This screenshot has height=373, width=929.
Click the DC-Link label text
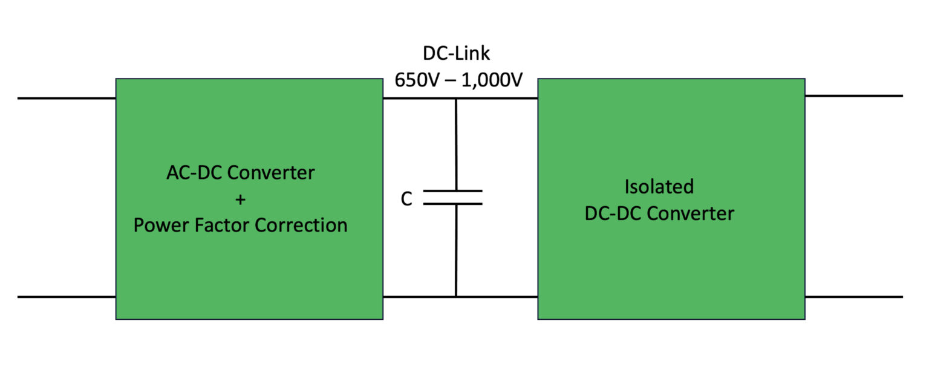pos(456,53)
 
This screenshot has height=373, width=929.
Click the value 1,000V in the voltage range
pos(491,80)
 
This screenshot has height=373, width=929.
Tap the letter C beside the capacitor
pos(407,199)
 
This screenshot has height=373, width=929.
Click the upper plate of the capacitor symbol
pos(452,191)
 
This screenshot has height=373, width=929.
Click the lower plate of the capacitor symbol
pos(452,204)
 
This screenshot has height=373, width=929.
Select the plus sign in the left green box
pos(241,199)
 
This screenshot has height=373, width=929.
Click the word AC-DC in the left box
pos(192,173)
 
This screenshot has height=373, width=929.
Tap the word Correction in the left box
pos(301,225)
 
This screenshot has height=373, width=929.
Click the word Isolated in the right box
pos(659,187)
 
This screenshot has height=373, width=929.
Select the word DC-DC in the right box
pos(613,213)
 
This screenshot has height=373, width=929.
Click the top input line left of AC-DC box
pos(67,98)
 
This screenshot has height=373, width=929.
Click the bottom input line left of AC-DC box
pos(67,297)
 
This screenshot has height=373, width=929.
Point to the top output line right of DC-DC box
pos(853,96)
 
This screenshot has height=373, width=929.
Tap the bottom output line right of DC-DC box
pos(853,297)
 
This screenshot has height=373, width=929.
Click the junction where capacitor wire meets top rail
pos(456,99)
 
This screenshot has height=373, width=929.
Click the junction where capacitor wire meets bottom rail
pos(456,297)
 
